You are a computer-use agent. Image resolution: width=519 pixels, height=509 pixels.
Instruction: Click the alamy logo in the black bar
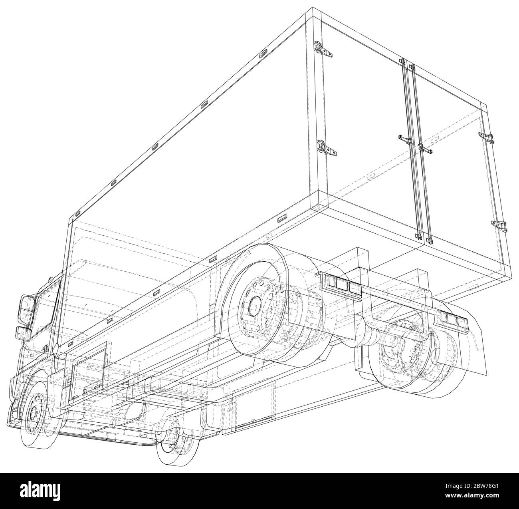click(40, 487)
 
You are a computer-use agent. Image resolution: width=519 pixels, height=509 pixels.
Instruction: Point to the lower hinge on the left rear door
click(327, 148)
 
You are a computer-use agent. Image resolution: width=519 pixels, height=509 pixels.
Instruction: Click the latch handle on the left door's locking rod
click(405, 139)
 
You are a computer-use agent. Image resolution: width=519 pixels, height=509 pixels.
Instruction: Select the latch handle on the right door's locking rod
click(426, 149)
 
